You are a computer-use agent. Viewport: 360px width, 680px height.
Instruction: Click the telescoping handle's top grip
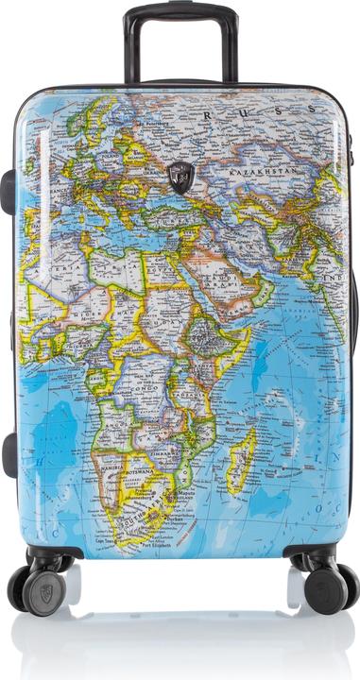[180, 12]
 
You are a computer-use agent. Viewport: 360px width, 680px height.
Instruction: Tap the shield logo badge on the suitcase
[180, 177]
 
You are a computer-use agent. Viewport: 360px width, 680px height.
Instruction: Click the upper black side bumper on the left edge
[8, 189]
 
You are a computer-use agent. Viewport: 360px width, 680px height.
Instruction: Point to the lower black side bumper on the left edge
[9, 454]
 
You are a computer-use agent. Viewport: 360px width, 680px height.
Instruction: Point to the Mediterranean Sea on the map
[104, 227]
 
